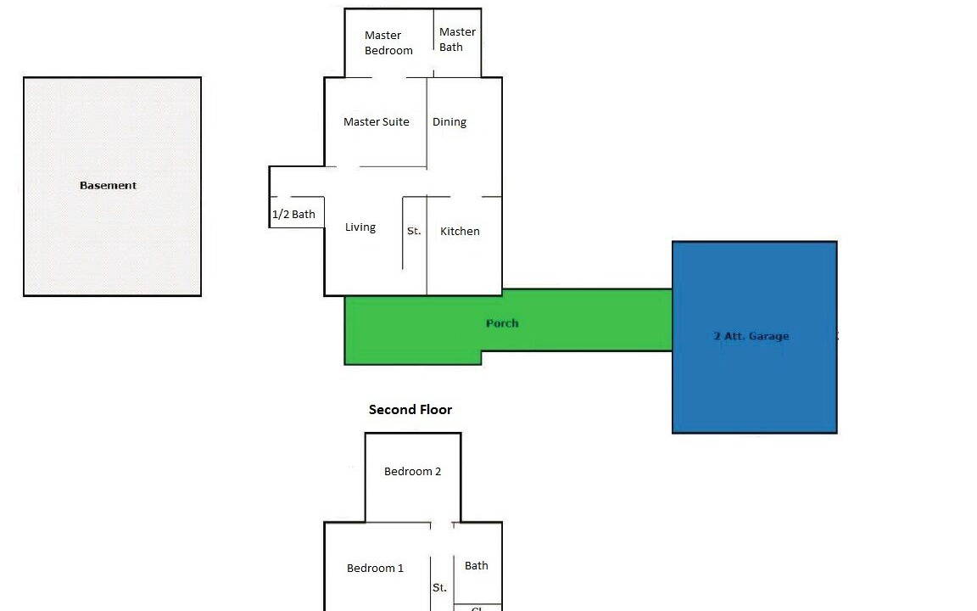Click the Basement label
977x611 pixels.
[108, 186]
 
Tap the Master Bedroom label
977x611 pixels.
[388, 42]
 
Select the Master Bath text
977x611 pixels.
[457, 40]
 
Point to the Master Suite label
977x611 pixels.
[376, 122]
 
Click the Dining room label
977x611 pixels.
[449, 122]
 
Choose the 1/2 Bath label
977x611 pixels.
[293, 215]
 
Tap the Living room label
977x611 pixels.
[360, 227]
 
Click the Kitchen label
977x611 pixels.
[460, 231]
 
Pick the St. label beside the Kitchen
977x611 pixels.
[414, 231]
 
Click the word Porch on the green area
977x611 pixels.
[502, 323]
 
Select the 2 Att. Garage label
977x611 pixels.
[751, 336]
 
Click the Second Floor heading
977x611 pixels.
[410, 410]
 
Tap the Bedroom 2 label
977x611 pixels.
[412, 472]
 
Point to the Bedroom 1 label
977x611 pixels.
[375, 569]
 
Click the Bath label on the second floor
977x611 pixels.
[477, 566]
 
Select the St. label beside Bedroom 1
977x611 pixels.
[439, 587]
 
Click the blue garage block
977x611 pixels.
[755, 382]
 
